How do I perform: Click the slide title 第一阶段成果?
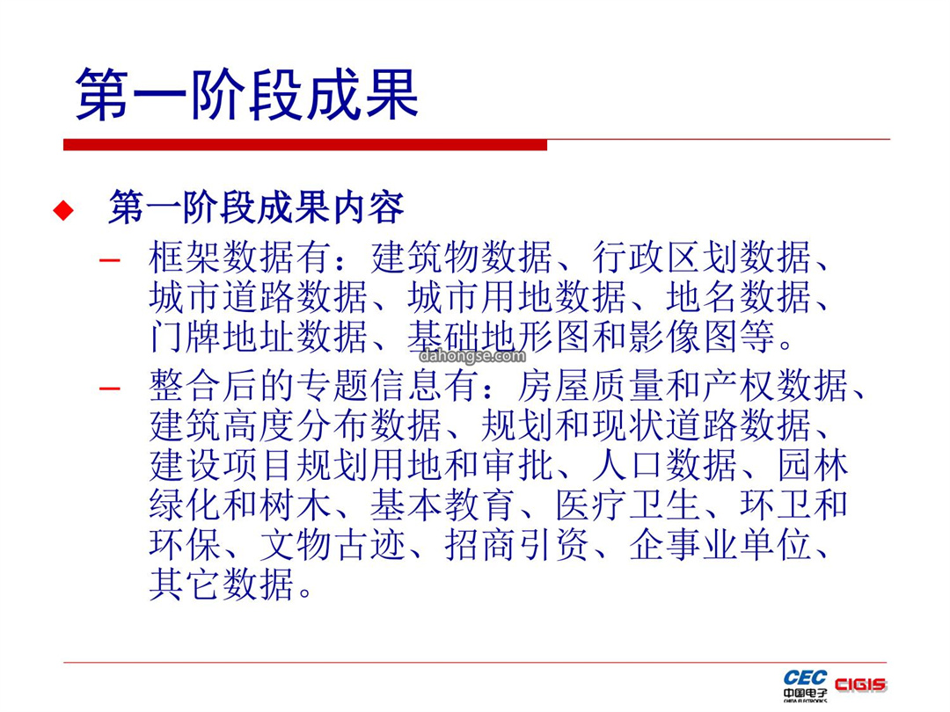click(x=247, y=94)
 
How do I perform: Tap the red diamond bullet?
click(x=63, y=210)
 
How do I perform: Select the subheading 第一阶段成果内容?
click(x=256, y=207)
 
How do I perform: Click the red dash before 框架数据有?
click(x=110, y=260)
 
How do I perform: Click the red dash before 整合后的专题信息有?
click(x=110, y=389)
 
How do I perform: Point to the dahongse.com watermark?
click(x=472, y=355)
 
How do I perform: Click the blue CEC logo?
click(x=805, y=678)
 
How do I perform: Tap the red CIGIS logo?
click(x=860, y=685)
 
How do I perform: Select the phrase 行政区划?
click(x=665, y=258)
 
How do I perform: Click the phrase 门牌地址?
click(x=223, y=338)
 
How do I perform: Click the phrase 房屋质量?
click(x=591, y=386)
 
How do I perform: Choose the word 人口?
click(x=629, y=466)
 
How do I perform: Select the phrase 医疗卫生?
click(x=628, y=505)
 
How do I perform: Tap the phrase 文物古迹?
click(x=332, y=546)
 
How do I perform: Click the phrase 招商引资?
click(x=517, y=546)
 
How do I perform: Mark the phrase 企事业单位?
click(x=720, y=546)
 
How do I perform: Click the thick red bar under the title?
click(x=305, y=145)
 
